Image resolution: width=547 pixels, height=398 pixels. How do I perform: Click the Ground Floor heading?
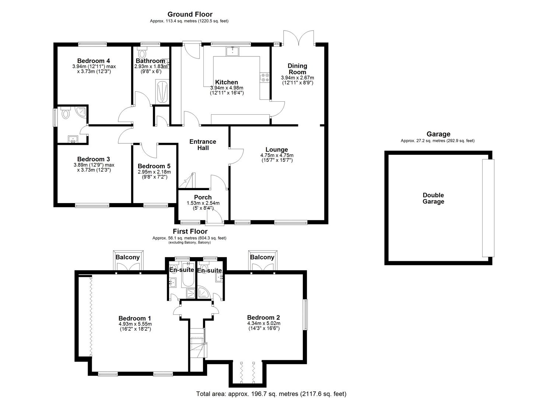pos(190,14)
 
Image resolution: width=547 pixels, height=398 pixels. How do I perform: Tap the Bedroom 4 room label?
pos(94,61)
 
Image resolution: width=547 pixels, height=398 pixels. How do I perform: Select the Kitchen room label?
pos(227,82)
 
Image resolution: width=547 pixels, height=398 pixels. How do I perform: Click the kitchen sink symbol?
pos(233,51)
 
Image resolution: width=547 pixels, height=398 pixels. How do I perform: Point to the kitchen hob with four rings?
pos(264,77)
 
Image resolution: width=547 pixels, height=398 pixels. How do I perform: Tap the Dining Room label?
pos(297,69)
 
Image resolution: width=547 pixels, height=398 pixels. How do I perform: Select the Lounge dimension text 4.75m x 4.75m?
pos(277,156)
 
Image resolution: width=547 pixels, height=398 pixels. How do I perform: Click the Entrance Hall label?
pos(203,144)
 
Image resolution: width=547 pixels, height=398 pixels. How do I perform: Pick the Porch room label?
pos(203,198)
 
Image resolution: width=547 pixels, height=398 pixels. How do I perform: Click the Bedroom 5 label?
pos(154,166)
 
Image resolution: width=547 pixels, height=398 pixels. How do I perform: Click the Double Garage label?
pos(433,198)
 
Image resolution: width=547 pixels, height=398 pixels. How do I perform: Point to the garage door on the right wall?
pos(488,208)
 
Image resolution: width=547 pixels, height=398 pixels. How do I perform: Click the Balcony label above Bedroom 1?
pos(127,257)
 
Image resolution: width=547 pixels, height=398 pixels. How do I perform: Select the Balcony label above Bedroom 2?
pos(262,257)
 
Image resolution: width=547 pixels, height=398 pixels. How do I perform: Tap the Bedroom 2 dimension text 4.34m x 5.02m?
pos(263,324)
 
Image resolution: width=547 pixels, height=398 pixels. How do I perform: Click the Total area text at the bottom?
pos(271,394)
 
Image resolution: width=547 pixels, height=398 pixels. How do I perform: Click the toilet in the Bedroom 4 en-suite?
pos(66,114)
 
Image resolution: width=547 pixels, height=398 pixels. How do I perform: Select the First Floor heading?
pos(190,231)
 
